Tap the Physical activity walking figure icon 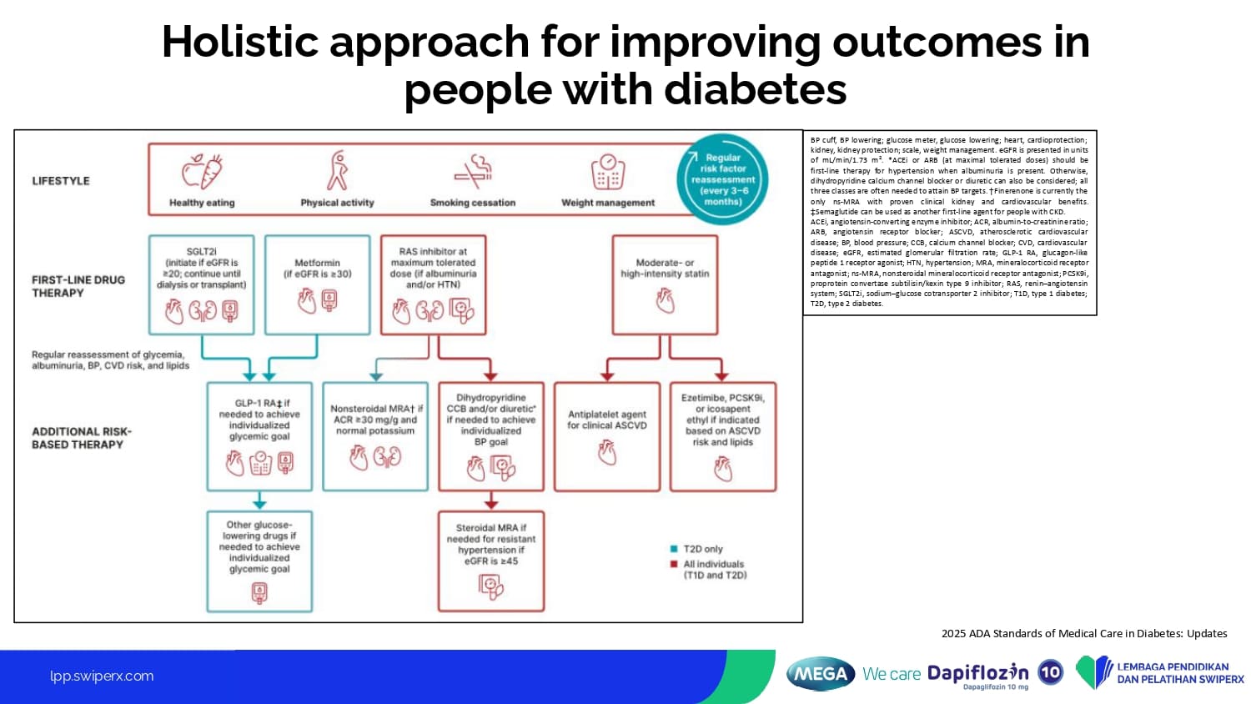(x=337, y=171)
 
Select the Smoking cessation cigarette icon (x=473, y=171)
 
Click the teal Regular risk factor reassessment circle (x=722, y=179)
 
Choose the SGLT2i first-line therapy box (x=201, y=284)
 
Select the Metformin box (x=317, y=284)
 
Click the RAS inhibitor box (x=433, y=284)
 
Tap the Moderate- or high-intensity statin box (x=665, y=284)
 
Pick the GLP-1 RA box (x=259, y=436)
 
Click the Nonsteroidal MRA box (x=375, y=436)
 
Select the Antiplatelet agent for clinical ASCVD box (x=607, y=436)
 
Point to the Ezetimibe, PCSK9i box (x=723, y=436)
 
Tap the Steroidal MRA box (x=491, y=561)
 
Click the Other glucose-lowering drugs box (x=259, y=561)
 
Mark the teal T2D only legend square (x=674, y=549)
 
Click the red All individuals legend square (x=674, y=565)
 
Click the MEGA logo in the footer (x=821, y=674)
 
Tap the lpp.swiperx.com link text (x=102, y=676)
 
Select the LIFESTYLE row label (x=61, y=181)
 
